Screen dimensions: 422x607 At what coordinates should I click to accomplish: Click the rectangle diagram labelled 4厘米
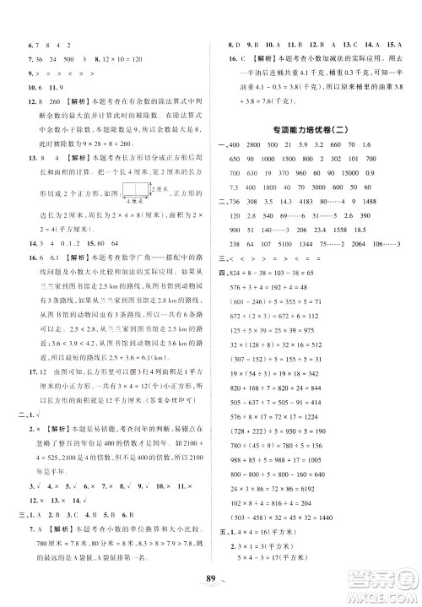[x=132, y=190]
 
